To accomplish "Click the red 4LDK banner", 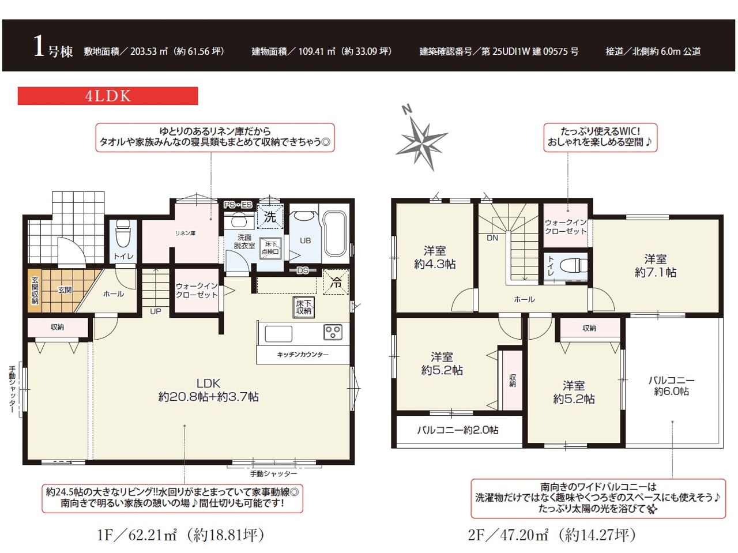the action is coord(108,96).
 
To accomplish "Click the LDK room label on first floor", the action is coord(209,390).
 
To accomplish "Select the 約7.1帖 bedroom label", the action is coord(656,266).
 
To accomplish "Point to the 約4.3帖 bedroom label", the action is coord(435,258).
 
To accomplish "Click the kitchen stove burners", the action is coord(333,332).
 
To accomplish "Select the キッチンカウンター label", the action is coord(303,354).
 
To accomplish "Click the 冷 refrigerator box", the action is coord(336,283).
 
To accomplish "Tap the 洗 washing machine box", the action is coord(270,217).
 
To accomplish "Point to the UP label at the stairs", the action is coord(155,311).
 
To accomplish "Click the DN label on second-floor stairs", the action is coord(492,238).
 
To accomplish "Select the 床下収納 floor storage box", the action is coord(304,307).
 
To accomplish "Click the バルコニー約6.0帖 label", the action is coord(672,386).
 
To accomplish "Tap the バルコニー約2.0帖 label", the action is coord(458,430).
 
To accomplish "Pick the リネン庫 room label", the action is coord(185,233).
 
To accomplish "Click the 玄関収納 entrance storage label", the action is coord(35,291).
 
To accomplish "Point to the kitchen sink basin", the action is coord(278,334).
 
